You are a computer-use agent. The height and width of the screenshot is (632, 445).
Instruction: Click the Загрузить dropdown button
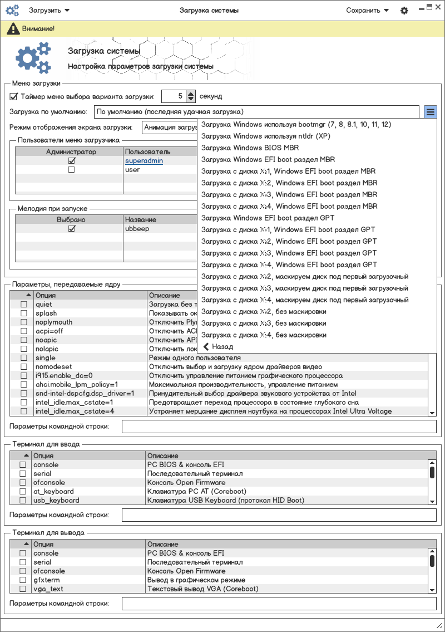(x=49, y=10)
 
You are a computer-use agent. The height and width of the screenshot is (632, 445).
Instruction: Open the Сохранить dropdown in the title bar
(x=367, y=10)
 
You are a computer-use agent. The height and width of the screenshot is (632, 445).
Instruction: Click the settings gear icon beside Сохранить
(x=404, y=10)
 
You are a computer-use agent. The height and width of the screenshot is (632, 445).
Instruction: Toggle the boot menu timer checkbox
(x=14, y=96)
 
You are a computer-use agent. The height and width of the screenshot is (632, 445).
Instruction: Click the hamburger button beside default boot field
(x=431, y=112)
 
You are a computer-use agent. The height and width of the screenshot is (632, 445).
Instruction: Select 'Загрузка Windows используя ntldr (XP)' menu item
(x=265, y=136)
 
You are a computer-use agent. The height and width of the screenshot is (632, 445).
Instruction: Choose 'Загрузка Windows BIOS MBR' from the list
(x=250, y=148)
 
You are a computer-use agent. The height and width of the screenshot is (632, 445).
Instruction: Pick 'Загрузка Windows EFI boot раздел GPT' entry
(x=268, y=218)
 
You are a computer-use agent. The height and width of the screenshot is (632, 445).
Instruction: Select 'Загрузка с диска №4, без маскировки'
(x=264, y=335)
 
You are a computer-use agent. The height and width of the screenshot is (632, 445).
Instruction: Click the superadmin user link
(x=144, y=161)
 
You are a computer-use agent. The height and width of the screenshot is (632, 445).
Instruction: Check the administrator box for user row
(x=71, y=170)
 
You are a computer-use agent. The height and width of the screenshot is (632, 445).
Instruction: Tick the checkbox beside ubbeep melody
(x=71, y=229)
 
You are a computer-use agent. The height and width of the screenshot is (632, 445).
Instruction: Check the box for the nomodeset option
(x=24, y=367)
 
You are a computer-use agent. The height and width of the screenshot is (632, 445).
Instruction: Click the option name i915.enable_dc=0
(x=64, y=376)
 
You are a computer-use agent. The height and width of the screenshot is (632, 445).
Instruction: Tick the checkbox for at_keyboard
(x=23, y=492)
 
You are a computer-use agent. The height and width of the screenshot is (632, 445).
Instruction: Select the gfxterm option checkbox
(x=23, y=580)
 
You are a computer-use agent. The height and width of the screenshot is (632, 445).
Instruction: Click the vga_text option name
(x=48, y=589)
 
